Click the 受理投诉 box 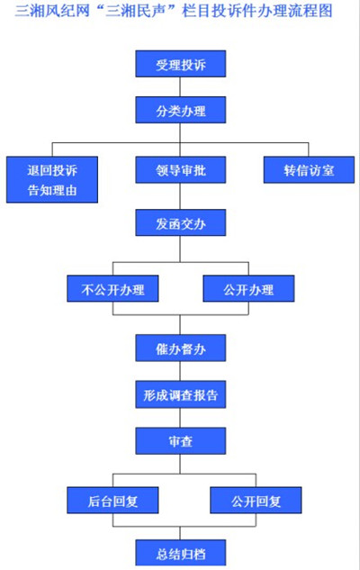(x=181, y=64)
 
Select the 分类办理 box (x=181, y=110)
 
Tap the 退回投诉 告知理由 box (x=52, y=179)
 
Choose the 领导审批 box (x=181, y=170)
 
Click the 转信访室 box (x=309, y=170)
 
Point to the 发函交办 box (x=181, y=222)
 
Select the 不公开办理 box (x=112, y=289)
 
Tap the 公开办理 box (x=248, y=289)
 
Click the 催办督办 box (x=181, y=348)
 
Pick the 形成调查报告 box (x=181, y=394)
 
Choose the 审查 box (x=181, y=441)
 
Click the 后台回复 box (x=112, y=500)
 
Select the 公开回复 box (x=256, y=500)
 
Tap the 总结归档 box (x=181, y=553)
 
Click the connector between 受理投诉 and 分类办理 (x=180, y=86)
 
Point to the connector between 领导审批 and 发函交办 (x=180, y=196)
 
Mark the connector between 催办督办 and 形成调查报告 (x=180, y=371)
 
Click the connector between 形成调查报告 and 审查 (x=180, y=418)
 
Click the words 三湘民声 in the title (x=132, y=11)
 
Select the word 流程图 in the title (x=313, y=11)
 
